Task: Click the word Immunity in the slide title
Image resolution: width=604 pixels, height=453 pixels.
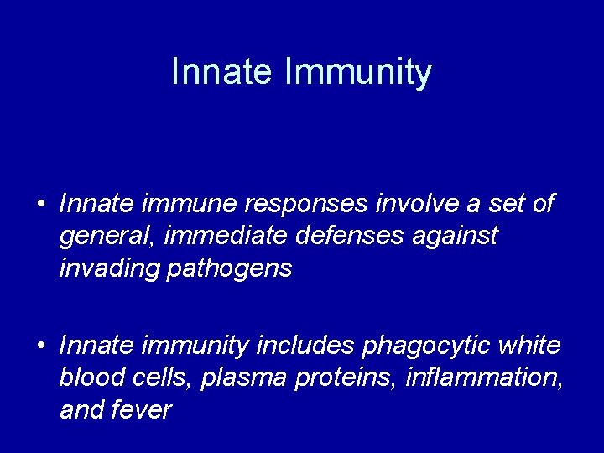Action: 358,73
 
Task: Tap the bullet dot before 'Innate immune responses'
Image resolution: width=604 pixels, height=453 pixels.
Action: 40,205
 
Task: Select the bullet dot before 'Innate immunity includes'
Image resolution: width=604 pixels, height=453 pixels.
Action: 40,346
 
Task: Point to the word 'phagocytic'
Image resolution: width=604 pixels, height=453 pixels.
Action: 416,346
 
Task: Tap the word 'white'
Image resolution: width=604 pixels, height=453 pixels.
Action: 528,345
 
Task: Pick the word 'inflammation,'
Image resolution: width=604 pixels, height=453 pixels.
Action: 484,377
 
